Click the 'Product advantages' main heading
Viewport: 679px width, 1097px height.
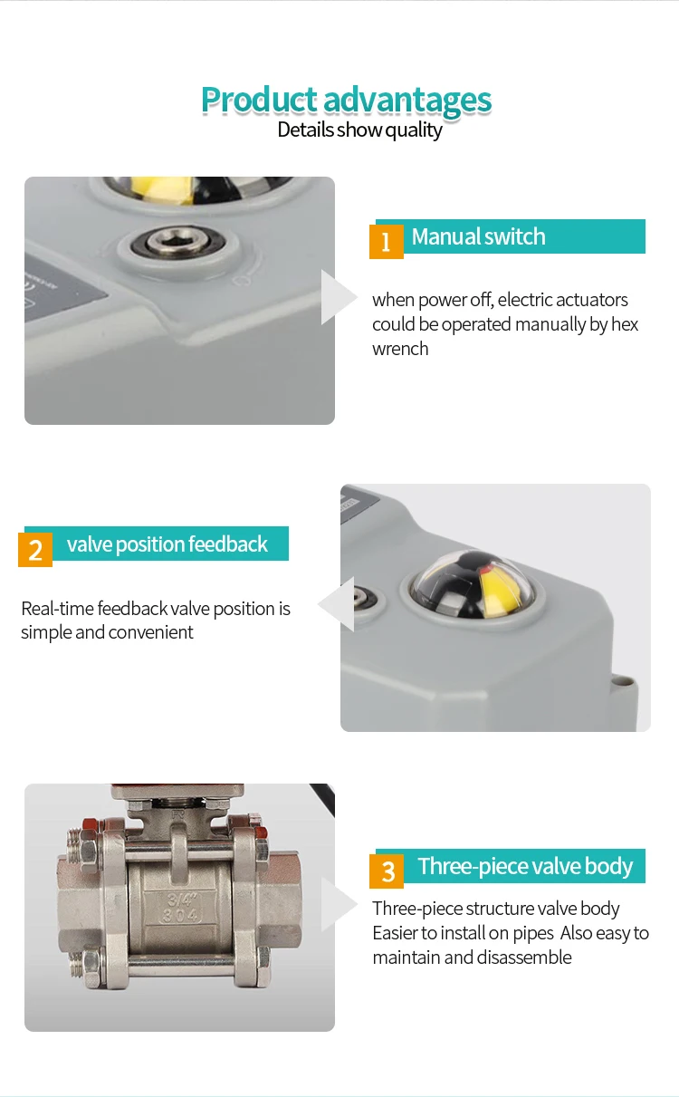pos(346,100)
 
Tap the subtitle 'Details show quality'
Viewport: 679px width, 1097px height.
pos(359,130)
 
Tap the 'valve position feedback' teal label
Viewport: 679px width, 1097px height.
pos(167,544)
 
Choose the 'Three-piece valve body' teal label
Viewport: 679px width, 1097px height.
pos(525,866)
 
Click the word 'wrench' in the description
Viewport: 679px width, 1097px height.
pos(400,349)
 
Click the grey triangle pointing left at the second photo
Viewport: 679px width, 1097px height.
pos(338,605)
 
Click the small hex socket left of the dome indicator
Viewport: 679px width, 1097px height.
pos(362,598)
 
